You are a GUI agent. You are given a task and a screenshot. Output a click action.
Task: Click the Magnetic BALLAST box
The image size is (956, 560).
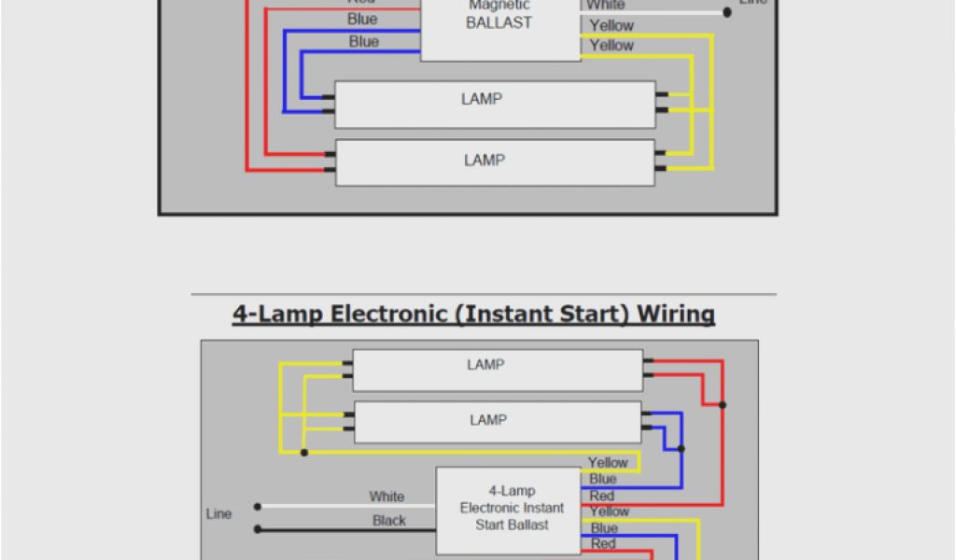499,28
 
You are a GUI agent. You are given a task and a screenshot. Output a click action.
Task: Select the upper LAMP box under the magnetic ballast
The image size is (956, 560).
495,104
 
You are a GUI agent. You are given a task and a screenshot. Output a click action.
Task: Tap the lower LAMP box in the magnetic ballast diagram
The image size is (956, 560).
495,161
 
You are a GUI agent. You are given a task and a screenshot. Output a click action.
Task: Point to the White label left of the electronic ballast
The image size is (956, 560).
387,497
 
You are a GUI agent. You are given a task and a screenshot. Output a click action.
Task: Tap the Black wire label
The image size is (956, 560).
389,521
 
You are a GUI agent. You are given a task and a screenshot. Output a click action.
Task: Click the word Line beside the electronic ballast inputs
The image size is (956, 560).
219,513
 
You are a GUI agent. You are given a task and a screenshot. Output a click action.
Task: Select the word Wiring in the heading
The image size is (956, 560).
676,314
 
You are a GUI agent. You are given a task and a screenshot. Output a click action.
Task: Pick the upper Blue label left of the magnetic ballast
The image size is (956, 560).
362,20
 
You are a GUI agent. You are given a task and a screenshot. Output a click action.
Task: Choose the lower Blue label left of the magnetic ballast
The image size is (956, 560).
364,42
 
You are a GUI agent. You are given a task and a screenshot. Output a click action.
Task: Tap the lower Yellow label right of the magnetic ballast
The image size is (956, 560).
612,45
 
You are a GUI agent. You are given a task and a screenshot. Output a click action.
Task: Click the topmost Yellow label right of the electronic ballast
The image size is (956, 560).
608,462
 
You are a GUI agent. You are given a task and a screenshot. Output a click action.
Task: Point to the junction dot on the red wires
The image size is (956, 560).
723,405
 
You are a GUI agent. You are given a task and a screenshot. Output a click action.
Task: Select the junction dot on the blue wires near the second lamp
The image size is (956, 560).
682,448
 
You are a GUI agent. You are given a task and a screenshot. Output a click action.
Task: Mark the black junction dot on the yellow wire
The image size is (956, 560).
304,453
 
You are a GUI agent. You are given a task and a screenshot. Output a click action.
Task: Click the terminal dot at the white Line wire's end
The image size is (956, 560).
259,507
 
